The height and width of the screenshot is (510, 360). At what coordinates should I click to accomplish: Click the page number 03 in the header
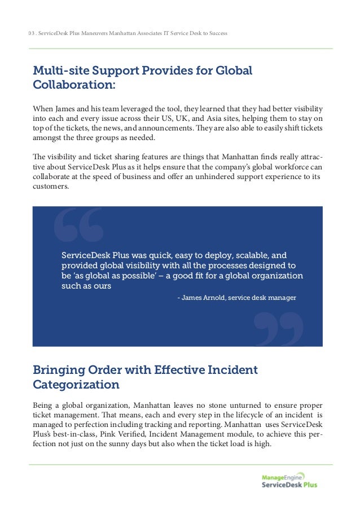tap(30, 33)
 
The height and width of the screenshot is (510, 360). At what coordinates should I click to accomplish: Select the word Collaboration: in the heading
tap(74, 86)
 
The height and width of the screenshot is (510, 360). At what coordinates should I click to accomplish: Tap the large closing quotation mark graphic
tap(279, 328)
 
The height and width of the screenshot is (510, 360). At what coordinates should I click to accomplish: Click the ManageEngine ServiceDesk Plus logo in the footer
tap(289, 480)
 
